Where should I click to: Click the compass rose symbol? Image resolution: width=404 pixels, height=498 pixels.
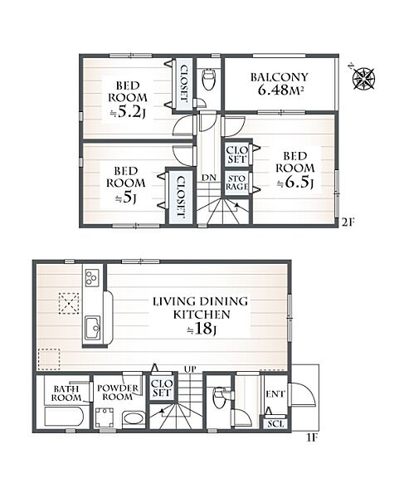pos(364,78)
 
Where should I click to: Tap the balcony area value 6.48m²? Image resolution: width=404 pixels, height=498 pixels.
pos(280,90)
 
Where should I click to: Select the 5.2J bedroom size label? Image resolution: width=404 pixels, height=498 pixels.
pos(128,112)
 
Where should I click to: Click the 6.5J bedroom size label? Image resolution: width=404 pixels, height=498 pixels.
pos(295,183)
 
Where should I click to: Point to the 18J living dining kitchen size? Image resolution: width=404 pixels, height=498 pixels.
pos(202,330)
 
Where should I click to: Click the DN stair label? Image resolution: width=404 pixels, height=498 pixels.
pos(209,178)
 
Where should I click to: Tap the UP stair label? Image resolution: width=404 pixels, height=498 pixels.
pos(190,369)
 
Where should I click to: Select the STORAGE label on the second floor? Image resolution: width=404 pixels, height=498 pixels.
pos(236,183)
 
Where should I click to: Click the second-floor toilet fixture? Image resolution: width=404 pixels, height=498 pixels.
pos(209,79)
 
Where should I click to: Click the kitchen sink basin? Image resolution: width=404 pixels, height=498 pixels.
pos(92,328)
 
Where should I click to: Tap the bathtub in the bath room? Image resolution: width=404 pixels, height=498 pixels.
pos(64,417)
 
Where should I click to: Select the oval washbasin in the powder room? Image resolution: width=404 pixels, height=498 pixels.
pos(134,418)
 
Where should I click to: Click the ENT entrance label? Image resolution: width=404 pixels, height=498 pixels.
pos(275,394)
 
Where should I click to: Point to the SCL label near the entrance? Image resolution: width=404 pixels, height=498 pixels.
pos(275,423)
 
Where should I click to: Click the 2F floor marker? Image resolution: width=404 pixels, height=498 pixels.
pos(348,222)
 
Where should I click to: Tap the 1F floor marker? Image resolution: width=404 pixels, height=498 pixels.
pos(312,438)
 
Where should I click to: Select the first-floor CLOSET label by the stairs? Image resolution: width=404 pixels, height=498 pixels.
pos(161,388)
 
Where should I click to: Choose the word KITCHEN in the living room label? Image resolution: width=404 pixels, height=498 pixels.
pos(202,315)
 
